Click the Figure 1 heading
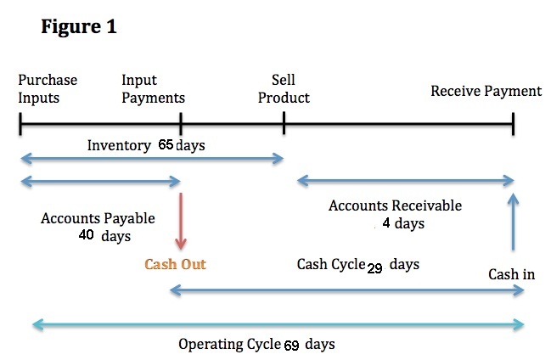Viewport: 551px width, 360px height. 79,26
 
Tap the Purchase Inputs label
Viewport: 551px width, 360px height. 48,89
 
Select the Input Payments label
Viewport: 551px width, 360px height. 153,89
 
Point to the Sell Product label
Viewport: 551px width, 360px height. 284,89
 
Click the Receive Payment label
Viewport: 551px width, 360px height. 486,91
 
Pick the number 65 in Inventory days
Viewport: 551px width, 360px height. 166,144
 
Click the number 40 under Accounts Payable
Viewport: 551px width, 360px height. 86,234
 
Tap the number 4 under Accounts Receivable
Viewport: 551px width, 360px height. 386,222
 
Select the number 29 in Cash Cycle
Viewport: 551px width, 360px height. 374,268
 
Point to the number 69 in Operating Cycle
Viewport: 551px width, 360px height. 292,346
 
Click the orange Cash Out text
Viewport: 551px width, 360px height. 175,264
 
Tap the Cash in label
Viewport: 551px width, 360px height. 512,274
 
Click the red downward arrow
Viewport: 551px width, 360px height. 181,221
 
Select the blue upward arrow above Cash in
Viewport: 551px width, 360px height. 514,222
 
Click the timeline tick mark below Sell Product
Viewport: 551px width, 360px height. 284,123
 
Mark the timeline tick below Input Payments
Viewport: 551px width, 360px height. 181,124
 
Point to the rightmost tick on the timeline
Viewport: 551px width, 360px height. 514,124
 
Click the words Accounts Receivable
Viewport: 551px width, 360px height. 396,205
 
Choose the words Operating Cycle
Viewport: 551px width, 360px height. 229,344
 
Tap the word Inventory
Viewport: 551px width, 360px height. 119,145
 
